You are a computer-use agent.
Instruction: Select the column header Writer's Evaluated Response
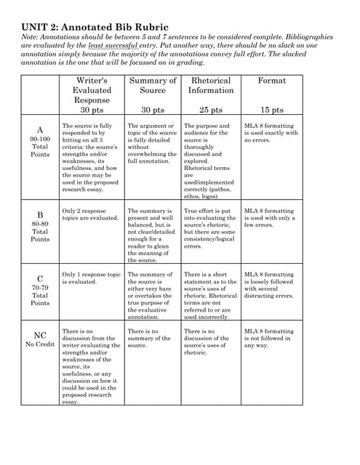pyautogui.click(x=92, y=90)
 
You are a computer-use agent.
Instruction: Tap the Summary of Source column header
pyautogui.click(x=152, y=85)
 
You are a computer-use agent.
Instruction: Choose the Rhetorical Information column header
pyautogui.click(x=211, y=85)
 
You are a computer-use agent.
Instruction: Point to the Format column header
pyautogui.click(x=272, y=81)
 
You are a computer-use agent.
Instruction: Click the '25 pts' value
pyautogui.click(x=211, y=110)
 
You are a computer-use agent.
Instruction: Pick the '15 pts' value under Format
pyautogui.click(x=272, y=110)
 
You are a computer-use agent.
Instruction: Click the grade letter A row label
pyautogui.click(x=40, y=130)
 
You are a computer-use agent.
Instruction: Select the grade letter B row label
pyautogui.click(x=40, y=215)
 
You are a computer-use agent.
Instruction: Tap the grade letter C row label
pyautogui.click(x=40, y=278)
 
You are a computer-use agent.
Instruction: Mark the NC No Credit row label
pyautogui.click(x=40, y=335)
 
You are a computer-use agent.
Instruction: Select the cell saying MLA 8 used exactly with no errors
pyautogui.click(x=271, y=133)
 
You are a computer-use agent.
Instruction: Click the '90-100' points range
pyautogui.click(x=40, y=139)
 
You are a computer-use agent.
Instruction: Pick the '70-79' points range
pyautogui.click(x=40, y=287)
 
